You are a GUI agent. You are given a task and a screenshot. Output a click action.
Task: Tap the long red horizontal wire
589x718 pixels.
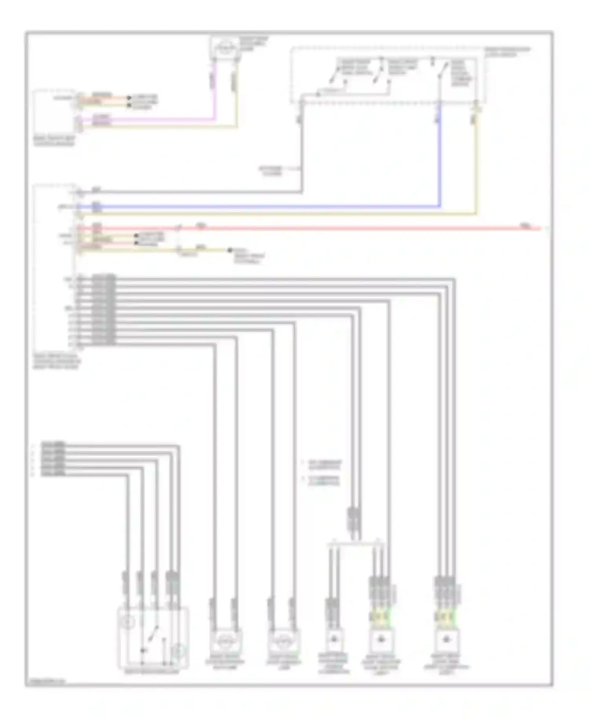(x=353, y=228)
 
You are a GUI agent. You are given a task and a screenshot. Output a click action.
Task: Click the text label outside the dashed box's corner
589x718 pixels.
(x=507, y=51)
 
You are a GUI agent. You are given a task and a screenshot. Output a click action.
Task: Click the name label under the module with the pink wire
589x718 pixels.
(x=54, y=141)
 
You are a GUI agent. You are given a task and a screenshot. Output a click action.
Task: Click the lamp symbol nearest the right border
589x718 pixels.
(x=446, y=639)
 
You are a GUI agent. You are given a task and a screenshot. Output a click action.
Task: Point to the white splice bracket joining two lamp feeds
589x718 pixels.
(x=355, y=544)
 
